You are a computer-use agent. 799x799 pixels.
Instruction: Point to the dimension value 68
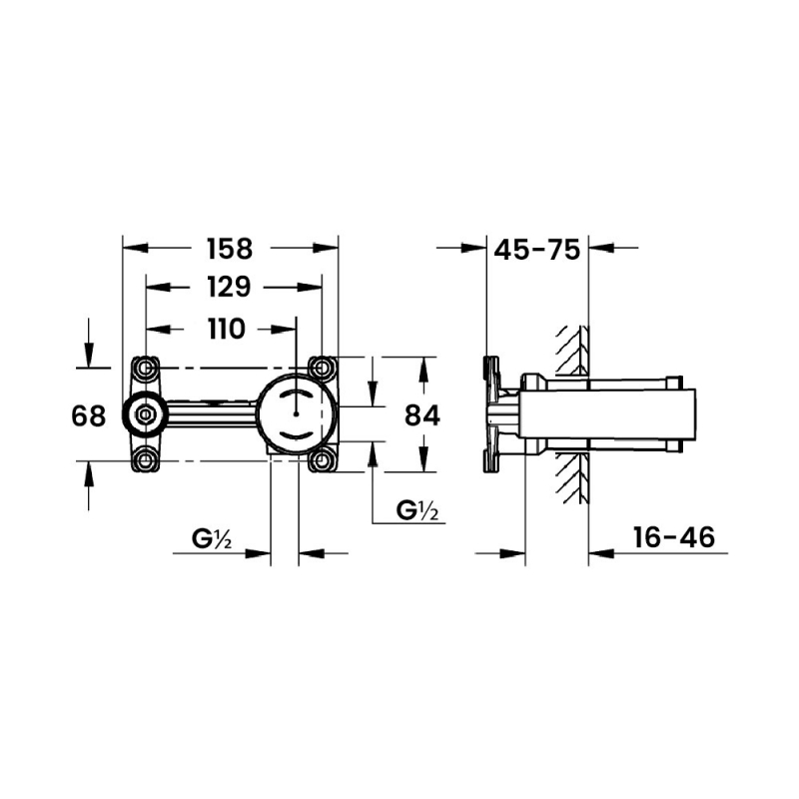(x=89, y=414)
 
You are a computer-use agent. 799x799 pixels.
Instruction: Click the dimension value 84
(x=422, y=414)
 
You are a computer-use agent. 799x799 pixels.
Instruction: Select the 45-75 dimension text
(x=537, y=250)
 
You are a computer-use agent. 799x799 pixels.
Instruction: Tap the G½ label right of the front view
(x=418, y=510)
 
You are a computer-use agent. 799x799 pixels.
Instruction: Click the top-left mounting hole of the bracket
(x=146, y=369)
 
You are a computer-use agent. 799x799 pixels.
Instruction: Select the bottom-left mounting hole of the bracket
(x=146, y=459)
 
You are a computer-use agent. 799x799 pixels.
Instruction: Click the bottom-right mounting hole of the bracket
(x=322, y=459)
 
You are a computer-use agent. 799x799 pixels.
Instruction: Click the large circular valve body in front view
(x=296, y=414)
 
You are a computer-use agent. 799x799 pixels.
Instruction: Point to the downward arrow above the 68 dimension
(x=89, y=355)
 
